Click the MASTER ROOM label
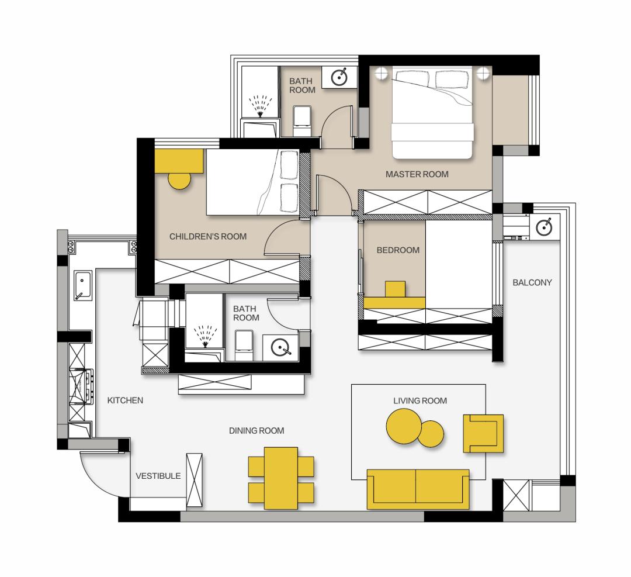click(417, 174)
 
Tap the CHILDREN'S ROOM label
click(208, 236)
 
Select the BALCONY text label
click(532, 283)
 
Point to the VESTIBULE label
click(158, 476)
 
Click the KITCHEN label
click(125, 400)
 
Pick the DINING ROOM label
click(256, 431)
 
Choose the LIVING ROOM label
click(420, 400)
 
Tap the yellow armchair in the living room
click(483, 434)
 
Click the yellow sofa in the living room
click(418, 489)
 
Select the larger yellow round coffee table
click(404, 426)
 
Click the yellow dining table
click(281, 478)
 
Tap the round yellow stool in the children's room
click(179, 180)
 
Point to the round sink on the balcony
click(544, 227)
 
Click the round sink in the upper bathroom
click(339, 77)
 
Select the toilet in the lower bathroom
click(244, 345)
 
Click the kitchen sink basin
click(82, 285)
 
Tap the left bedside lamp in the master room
click(381, 74)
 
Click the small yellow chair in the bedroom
click(395, 289)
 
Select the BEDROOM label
click(398, 250)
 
